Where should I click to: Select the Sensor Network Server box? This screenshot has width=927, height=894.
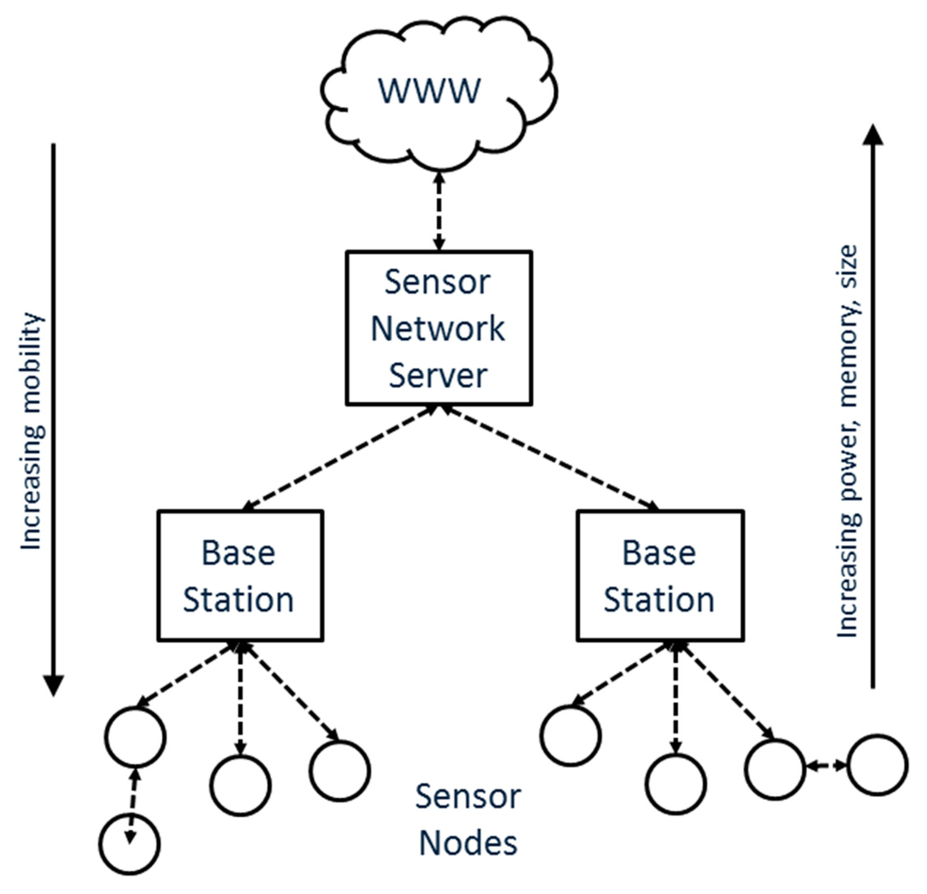coord(439,328)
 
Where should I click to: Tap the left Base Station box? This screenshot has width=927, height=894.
coord(239,575)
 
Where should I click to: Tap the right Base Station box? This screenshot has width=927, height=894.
coord(659,575)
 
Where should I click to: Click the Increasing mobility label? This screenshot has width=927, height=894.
coord(33,430)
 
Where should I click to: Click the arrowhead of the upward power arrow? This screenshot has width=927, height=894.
coord(872,134)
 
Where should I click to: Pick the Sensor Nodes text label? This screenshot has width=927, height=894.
coord(467,819)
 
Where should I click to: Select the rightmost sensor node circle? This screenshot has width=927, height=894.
coord(876,765)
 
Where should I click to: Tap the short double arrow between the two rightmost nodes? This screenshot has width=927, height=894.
coord(825,766)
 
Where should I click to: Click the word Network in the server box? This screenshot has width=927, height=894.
coord(439,328)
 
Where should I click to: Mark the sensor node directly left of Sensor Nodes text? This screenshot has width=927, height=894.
coord(339,770)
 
